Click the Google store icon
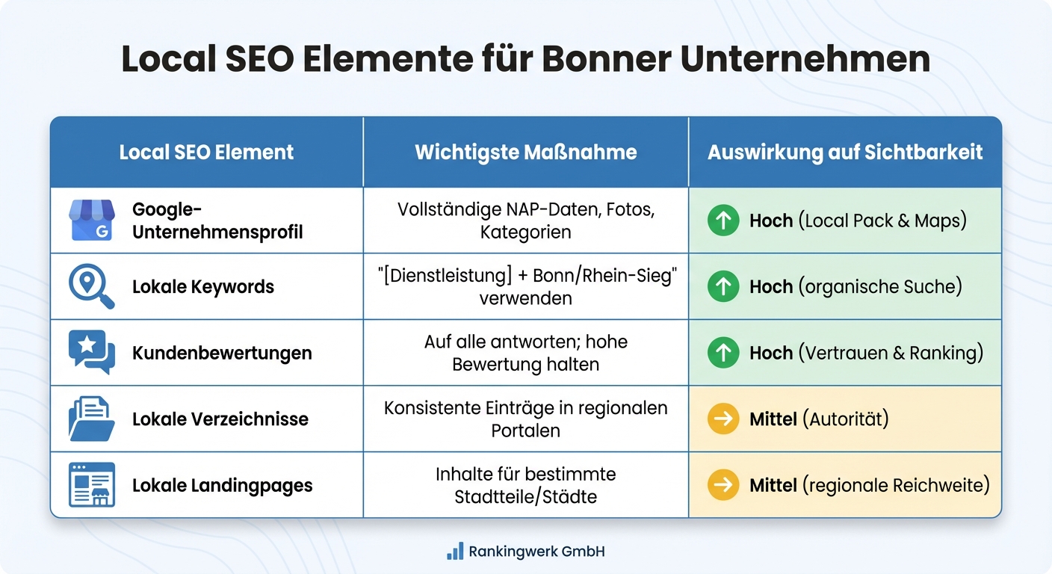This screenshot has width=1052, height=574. click(x=91, y=220)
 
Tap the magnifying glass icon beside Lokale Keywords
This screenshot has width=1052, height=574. click(x=91, y=287)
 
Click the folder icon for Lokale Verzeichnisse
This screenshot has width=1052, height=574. click(x=91, y=419)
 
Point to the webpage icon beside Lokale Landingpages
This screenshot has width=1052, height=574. click(x=91, y=485)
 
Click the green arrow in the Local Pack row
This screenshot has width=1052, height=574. click(x=723, y=221)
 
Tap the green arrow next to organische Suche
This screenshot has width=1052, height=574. click(x=723, y=287)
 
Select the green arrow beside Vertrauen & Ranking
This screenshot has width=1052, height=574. click(x=723, y=353)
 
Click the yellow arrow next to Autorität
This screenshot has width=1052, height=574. click(x=723, y=419)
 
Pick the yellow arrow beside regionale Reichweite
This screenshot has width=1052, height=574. click(x=723, y=485)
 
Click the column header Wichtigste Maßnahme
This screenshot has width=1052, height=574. click(x=526, y=152)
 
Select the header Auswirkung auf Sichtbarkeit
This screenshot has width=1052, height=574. click(x=845, y=152)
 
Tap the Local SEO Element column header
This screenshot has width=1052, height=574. click(x=206, y=152)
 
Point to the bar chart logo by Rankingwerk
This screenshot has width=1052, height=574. click(x=454, y=552)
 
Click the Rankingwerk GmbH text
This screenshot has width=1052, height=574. click(x=536, y=552)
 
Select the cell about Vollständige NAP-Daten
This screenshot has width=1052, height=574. click(x=526, y=220)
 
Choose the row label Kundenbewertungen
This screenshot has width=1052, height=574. click(x=222, y=353)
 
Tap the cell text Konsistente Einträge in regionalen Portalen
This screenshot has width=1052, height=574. click(x=526, y=419)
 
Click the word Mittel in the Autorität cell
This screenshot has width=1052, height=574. click(x=773, y=419)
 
